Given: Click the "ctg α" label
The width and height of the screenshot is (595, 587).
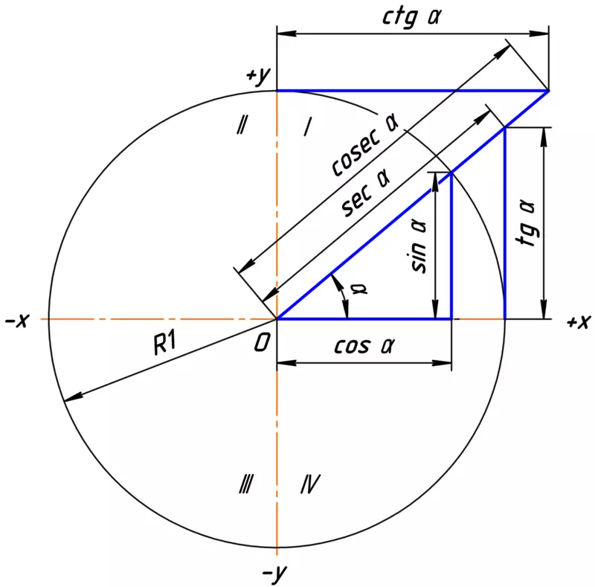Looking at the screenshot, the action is [412, 17].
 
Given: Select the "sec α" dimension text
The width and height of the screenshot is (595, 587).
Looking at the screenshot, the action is [366, 193].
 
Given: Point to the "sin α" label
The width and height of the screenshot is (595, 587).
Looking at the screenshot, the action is [419, 247].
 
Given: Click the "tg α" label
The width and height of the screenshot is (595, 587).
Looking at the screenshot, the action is [527, 223].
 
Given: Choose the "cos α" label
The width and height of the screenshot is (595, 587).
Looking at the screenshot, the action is [364, 345].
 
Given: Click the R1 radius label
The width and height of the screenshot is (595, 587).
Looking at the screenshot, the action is [165, 343].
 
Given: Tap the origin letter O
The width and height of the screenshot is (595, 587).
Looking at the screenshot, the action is [262, 343].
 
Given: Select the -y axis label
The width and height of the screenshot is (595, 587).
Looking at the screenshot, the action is [274, 574].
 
